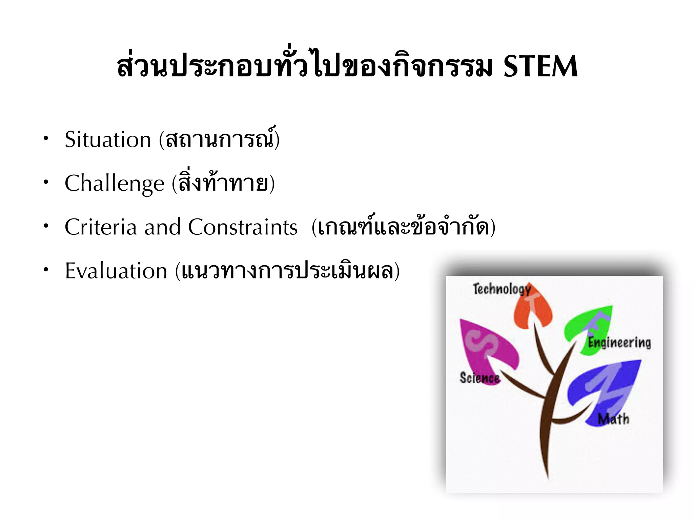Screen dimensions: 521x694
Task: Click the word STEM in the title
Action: click(x=540, y=67)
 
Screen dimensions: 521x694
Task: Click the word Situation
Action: click(x=108, y=140)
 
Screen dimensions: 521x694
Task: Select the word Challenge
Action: click(x=115, y=184)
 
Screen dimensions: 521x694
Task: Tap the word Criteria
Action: click(x=101, y=227)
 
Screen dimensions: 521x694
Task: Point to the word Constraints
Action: click(x=243, y=227)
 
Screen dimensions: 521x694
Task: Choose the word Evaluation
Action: click(x=116, y=271)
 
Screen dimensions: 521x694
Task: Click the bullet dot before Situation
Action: click(x=46, y=138)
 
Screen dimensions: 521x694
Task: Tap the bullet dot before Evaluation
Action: click(x=46, y=270)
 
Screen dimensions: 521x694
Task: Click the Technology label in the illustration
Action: click(x=502, y=289)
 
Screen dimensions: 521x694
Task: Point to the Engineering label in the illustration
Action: click(x=619, y=343)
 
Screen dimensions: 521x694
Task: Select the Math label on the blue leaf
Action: click(x=613, y=419)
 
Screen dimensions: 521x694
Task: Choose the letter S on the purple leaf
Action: click(x=481, y=343)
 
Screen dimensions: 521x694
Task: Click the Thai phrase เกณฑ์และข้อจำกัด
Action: click(x=403, y=227)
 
